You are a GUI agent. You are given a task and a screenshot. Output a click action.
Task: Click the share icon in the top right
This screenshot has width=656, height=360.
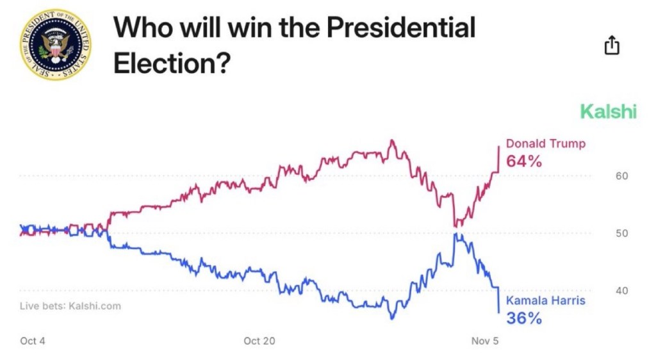612,45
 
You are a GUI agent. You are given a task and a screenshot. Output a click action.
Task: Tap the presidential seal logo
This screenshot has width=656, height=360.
56,44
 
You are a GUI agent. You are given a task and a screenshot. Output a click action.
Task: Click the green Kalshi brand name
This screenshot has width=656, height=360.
608,112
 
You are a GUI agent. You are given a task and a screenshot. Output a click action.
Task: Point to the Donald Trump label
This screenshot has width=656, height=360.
545,143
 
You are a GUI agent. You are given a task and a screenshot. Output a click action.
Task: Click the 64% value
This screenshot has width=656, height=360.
524,161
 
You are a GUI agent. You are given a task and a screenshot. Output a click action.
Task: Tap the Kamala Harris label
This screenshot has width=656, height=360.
545,300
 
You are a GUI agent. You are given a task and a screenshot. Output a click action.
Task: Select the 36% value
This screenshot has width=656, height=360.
524,318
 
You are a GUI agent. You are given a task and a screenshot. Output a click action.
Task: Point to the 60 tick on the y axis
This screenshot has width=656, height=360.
621,176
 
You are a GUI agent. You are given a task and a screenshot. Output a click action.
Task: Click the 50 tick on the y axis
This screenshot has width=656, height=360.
621,233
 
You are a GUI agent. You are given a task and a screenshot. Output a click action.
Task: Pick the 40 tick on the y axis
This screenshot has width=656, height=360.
621,290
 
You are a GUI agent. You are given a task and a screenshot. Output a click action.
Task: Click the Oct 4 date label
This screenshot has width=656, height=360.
33,341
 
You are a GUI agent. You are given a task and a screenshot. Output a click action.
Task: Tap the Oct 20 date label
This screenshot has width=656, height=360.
259,341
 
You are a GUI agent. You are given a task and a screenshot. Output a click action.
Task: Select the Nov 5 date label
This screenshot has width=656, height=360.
485,341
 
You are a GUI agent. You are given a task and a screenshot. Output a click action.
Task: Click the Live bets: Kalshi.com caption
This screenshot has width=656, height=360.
70,306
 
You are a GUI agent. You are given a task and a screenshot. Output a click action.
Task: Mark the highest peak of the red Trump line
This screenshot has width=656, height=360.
392,140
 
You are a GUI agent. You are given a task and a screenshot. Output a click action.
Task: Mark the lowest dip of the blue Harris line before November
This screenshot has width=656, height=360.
392,318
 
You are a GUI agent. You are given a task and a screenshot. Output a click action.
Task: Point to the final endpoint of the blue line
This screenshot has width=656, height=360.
499,313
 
